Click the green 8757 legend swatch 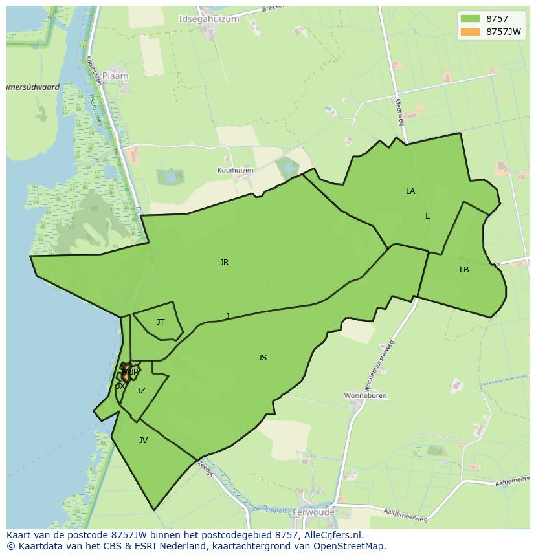(471, 19)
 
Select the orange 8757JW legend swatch (471, 32)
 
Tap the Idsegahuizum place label (208, 19)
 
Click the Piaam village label (115, 76)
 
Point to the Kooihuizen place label (235, 170)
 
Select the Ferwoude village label (313, 512)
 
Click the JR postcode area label (224, 263)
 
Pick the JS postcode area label (262, 358)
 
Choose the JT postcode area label (161, 322)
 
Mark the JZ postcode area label (141, 391)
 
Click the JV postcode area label (143, 441)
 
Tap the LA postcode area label (410, 191)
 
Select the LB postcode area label (464, 270)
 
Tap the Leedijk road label (205, 468)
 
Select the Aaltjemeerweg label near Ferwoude (405, 515)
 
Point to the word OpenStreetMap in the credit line (352, 546)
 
